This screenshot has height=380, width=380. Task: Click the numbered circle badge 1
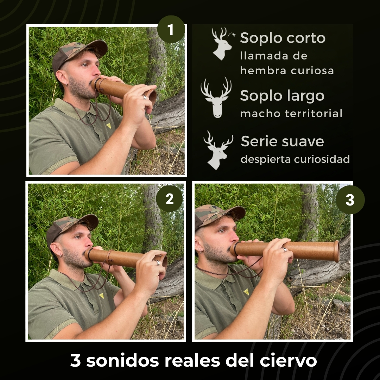point(171,30)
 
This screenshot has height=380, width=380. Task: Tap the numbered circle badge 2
point(170,199)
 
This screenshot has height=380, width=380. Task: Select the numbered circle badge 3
point(350,200)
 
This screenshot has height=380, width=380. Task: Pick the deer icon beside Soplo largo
point(216,97)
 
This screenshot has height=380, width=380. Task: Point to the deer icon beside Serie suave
point(217,150)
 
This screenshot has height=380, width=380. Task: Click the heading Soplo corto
point(283,38)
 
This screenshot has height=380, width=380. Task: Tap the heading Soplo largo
point(282,95)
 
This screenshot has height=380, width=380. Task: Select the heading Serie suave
point(282,141)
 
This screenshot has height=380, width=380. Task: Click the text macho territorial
point(291,114)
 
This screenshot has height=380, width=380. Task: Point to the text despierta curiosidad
point(295,159)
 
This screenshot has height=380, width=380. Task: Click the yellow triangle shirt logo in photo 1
point(109,126)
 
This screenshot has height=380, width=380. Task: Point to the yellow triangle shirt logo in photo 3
point(246,292)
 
